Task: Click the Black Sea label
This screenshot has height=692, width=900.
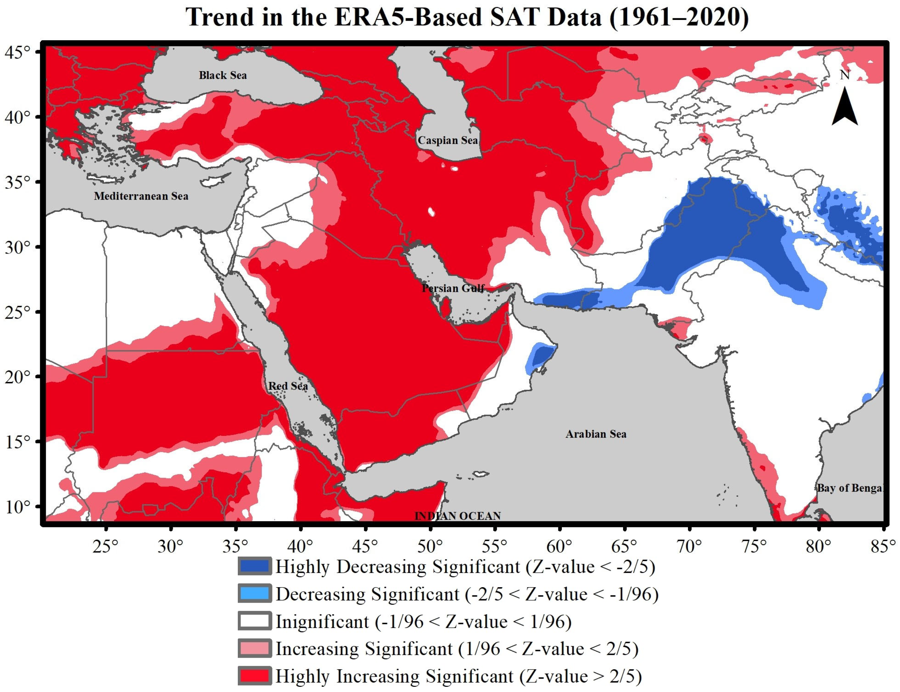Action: click(x=223, y=75)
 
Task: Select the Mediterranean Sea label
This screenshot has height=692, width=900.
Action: click(x=141, y=196)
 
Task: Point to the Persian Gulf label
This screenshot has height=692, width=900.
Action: click(x=453, y=288)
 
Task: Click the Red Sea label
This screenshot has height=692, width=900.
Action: click(x=288, y=386)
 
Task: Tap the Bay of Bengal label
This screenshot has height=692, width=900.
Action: click(x=849, y=488)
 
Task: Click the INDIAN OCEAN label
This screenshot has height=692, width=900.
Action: click(x=457, y=516)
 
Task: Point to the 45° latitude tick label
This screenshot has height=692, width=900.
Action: click(x=17, y=53)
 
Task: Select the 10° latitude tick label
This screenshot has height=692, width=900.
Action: click(x=17, y=507)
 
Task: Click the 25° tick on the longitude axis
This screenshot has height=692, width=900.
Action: click(x=105, y=547)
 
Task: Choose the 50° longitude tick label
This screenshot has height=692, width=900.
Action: click(x=430, y=547)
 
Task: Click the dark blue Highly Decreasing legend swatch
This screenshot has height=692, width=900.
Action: click(x=254, y=567)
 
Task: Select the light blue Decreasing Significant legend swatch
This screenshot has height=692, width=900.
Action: click(x=254, y=594)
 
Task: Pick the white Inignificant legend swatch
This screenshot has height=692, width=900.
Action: click(x=254, y=621)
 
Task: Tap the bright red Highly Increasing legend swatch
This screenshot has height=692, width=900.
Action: click(x=254, y=676)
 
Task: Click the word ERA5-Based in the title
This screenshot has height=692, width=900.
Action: click(x=408, y=17)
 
